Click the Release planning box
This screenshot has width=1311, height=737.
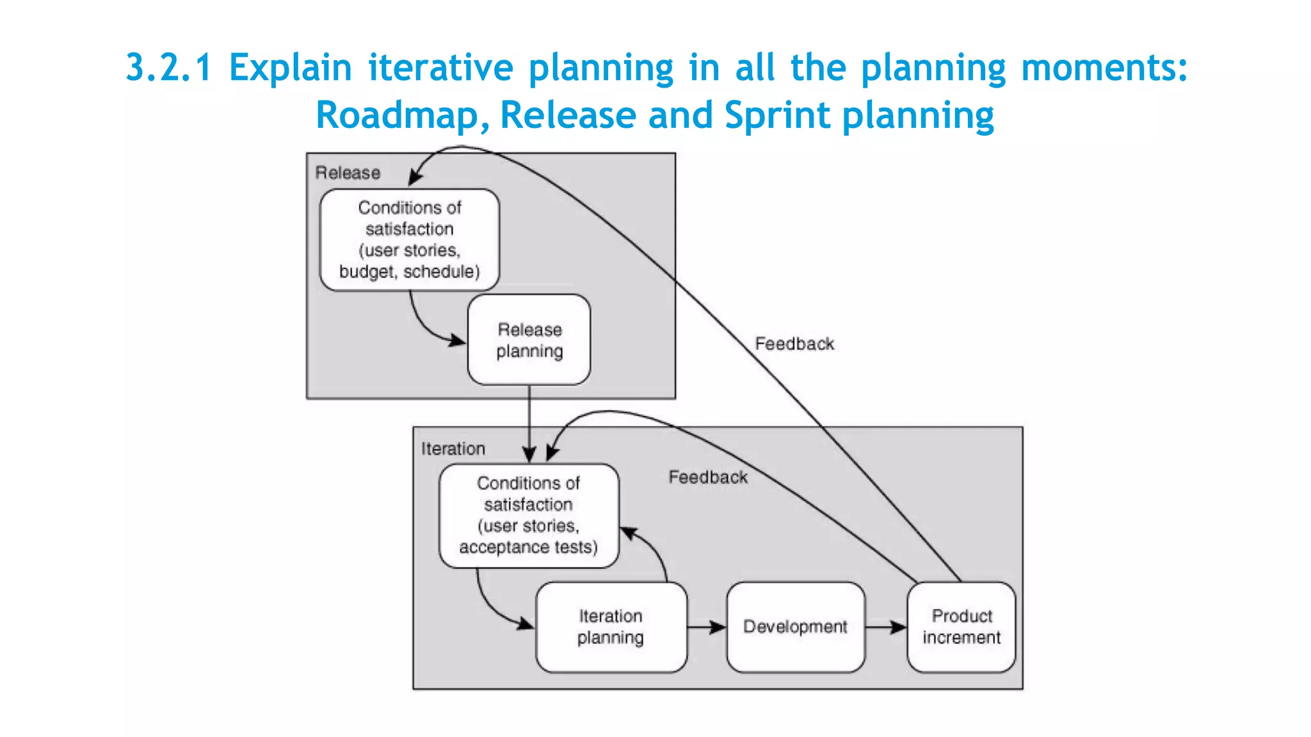pos(529,340)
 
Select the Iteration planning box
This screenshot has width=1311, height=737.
pos(611,627)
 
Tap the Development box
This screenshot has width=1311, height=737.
pos(795,627)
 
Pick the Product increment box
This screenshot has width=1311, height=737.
pos(961,627)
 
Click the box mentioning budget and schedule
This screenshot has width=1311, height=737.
pos(410,240)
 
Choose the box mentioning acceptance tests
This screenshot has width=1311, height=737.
pos(529,516)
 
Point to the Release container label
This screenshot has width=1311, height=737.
pos(348,173)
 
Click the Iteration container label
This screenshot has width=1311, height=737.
pos(453,449)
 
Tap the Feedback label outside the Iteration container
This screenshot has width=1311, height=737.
pos(794,344)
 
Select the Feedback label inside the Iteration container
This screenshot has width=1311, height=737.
pos(708,477)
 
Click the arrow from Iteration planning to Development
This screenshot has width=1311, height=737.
pos(707,628)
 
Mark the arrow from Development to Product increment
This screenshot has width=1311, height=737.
pos(886,628)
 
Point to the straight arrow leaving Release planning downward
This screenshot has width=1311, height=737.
pos(529,422)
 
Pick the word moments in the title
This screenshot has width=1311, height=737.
pos(1104,68)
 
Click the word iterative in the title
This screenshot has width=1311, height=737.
pos(440,68)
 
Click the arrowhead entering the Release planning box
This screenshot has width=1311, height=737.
pos(457,340)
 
